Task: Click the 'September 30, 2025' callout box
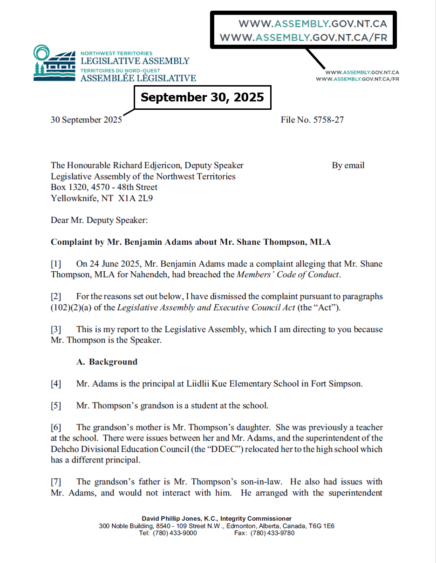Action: tap(202, 97)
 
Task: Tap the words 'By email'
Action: tap(348, 165)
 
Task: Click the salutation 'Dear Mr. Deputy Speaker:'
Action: tap(99, 220)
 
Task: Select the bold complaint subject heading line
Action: tap(191, 242)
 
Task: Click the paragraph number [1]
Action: tap(56, 264)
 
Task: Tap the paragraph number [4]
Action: tap(56, 384)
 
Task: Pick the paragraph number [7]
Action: tap(56, 482)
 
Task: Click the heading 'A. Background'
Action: tap(107, 362)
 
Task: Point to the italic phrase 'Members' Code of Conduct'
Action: tap(288, 274)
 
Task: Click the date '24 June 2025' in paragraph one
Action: tap(109, 264)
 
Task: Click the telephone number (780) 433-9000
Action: tap(175, 533)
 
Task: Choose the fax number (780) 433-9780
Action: tap(272, 533)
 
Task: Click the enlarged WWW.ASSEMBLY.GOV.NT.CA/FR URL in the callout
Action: tap(303, 38)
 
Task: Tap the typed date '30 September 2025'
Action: tap(86, 120)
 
